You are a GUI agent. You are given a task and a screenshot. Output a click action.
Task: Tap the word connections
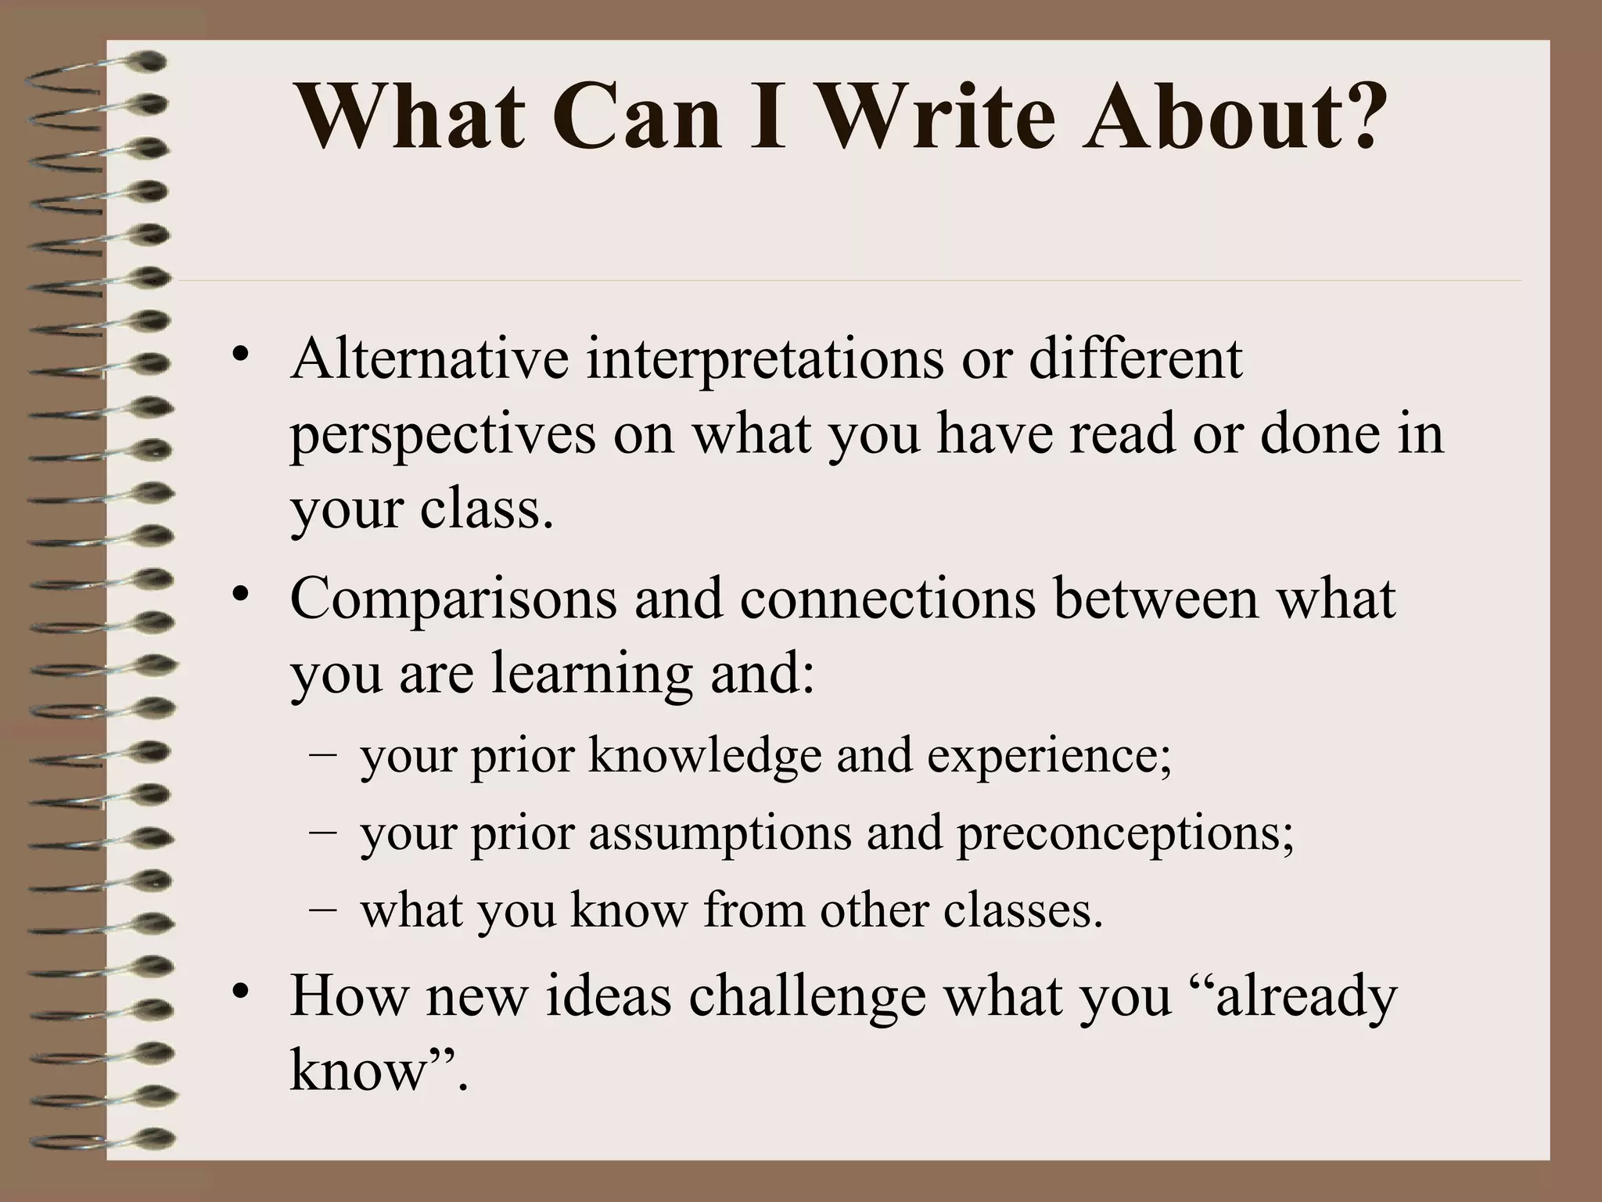pos(888,599)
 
